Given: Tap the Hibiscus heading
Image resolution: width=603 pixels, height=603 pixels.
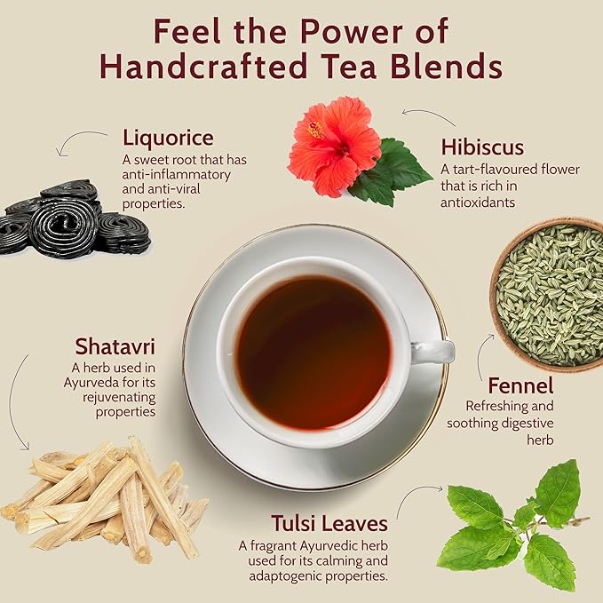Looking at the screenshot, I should point(481,147).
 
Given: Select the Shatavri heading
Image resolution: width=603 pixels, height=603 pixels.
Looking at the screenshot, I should point(115,345).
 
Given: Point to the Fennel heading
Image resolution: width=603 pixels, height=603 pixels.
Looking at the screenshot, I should point(520,386).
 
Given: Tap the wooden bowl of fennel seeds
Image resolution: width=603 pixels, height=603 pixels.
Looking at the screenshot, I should point(549,293).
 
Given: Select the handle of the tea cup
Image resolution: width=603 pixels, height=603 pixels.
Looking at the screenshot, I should point(433,352).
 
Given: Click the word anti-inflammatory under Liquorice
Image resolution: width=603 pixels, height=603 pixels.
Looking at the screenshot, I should point(177,175).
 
